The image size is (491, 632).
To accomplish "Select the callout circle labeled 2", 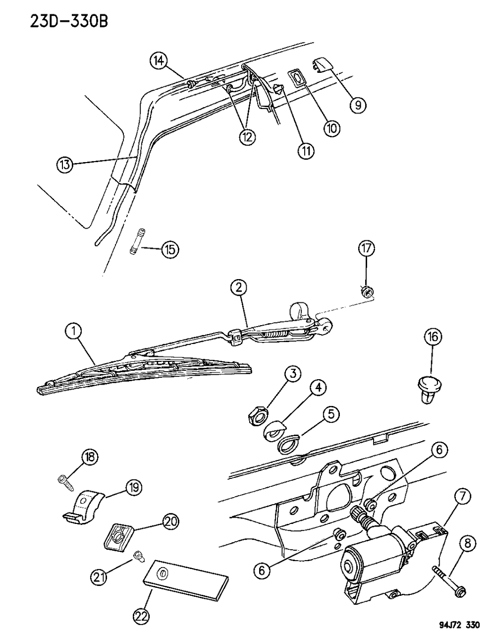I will (x=239, y=287).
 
